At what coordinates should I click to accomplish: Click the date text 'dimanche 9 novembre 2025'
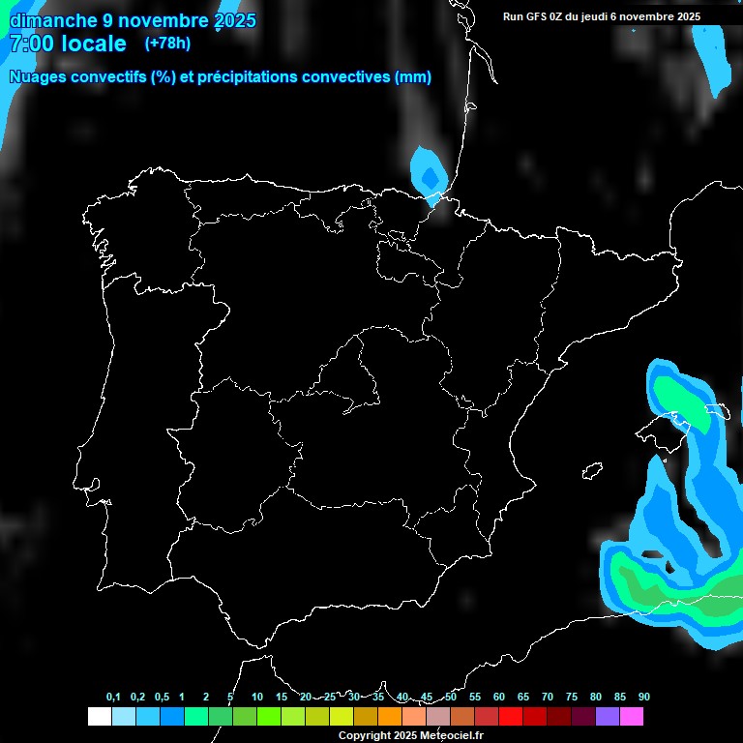(x=133, y=20)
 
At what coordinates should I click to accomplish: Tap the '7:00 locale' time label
(x=68, y=44)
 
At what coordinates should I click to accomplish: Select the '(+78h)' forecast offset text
(x=167, y=43)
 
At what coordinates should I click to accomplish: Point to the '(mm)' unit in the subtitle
(x=413, y=77)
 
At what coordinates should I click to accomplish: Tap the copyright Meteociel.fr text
(x=410, y=735)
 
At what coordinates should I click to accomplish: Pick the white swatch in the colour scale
(x=99, y=717)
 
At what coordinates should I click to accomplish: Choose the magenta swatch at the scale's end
(x=632, y=717)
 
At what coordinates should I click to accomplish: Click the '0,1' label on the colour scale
(x=113, y=698)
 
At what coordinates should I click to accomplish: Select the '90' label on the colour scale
(x=644, y=698)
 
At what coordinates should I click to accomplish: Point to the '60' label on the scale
(x=499, y=698)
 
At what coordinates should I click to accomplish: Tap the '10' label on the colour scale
(x=257, y=698)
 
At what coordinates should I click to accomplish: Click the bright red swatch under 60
(x=511, y=717)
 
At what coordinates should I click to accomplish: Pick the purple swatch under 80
(x=608, y=717)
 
